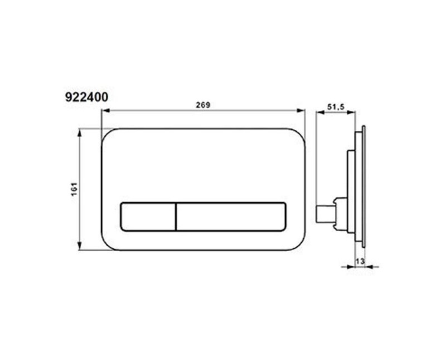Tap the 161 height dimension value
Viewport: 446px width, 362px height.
tap(74, 189)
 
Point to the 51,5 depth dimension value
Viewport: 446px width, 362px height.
tap(336, 106)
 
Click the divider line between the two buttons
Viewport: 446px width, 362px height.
tap(176, 216)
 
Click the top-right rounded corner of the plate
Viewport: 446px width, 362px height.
tap(299, 135)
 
